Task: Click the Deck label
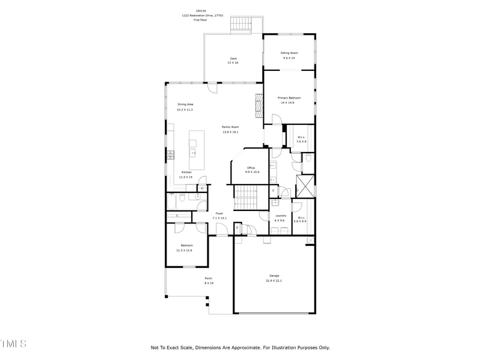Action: click(233, 58)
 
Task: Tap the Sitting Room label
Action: click(289, 53)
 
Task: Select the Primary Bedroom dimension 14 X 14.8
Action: click(289, 103)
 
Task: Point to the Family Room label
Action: click(230, 127)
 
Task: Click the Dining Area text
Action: click(185, 105)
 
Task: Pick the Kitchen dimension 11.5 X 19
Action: click(186, 177)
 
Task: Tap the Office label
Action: click(251, 168)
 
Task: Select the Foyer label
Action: click(219, 213)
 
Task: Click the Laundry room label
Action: click(280, 216)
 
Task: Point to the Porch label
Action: click(209, 278)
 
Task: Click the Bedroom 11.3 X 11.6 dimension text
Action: click(187, 250)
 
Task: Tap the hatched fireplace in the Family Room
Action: click(259, 107)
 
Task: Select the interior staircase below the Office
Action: click(245, 195)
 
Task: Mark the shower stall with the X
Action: click(305, 186)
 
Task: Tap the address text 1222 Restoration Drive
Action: click(202, 15)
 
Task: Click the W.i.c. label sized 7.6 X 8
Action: click(300, 138)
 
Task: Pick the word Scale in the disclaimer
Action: click(186, 347)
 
